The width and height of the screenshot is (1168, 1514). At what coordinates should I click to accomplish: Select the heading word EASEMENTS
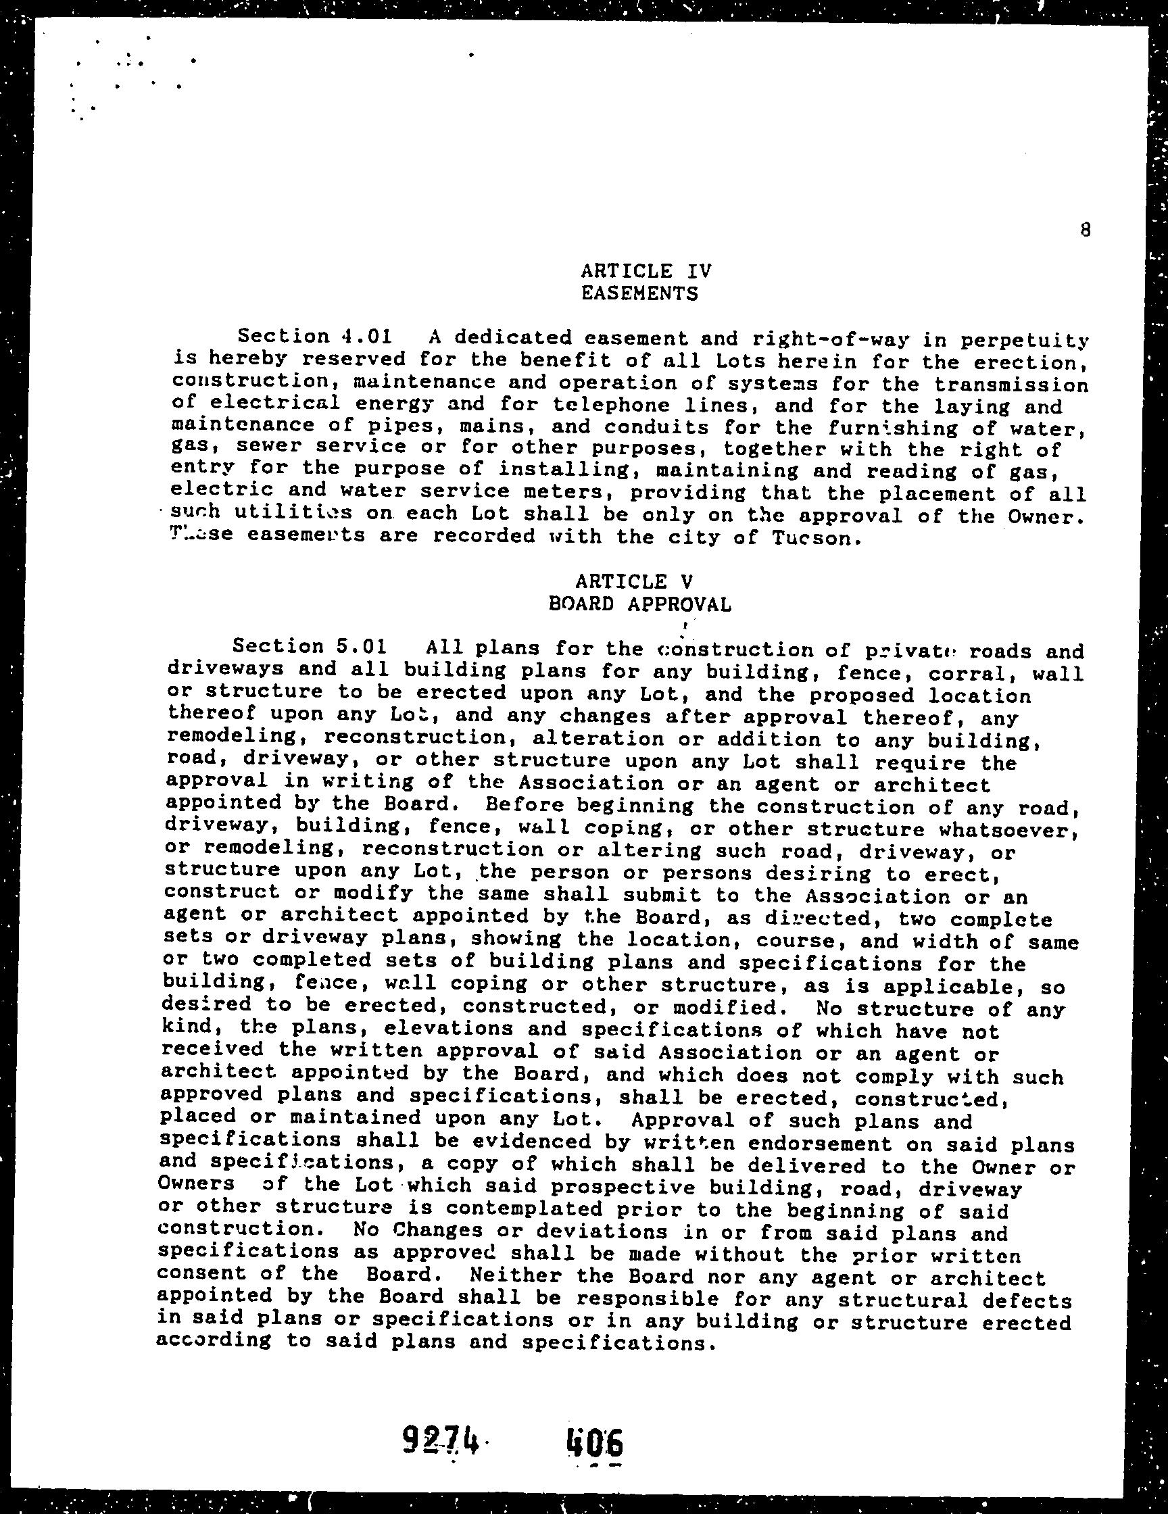[x=639, y=294]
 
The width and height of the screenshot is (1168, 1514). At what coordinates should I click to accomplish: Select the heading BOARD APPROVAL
[x=639, y=604]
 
